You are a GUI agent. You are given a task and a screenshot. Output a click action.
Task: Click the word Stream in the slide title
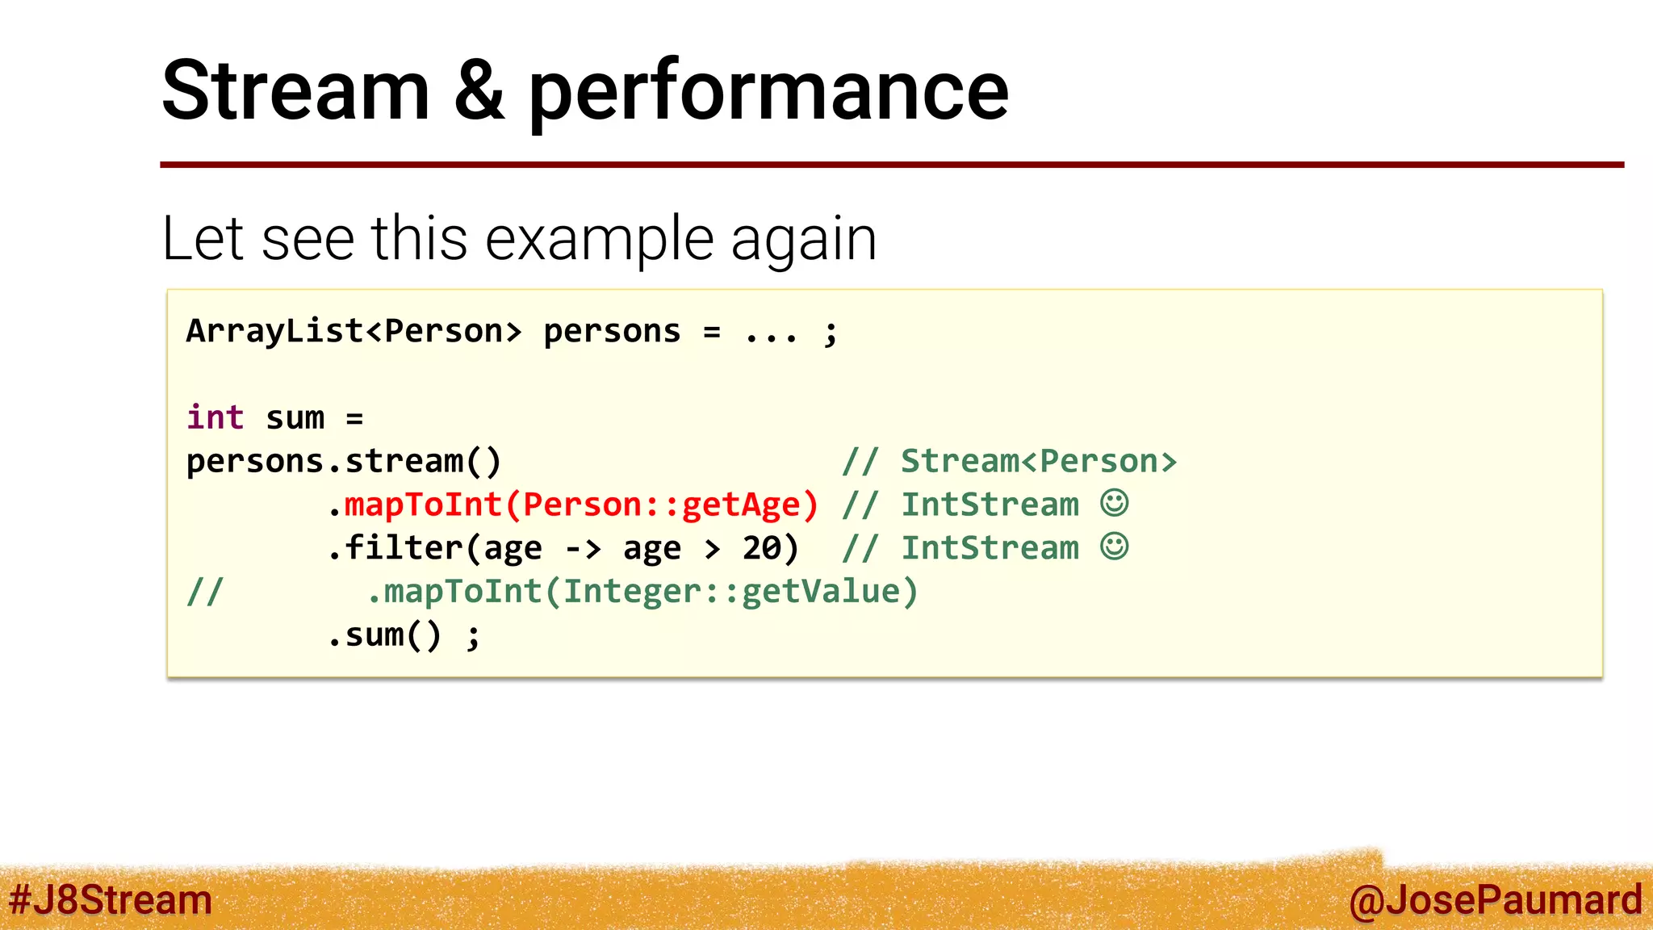coord(295,91)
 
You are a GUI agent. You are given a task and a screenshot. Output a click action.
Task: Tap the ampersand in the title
coord(479,91)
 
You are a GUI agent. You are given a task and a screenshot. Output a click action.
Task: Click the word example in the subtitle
coord(600,240)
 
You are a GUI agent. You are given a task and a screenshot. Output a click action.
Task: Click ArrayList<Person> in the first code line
coord(354,332)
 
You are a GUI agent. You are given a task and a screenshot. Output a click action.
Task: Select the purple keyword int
coord(215,418)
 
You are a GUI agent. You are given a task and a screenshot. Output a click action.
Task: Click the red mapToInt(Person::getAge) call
coord(581,505)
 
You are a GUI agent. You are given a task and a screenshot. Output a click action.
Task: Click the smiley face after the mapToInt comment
coord(1115,503)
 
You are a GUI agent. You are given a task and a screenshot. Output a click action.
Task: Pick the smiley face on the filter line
coord(1115,547)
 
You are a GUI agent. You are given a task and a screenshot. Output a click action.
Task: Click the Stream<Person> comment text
coord(1039,462)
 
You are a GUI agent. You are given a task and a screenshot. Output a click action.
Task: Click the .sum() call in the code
coord(385,635)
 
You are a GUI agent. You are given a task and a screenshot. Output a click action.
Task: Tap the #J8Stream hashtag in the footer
coord(111,900)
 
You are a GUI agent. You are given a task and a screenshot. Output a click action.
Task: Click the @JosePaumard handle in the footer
coord(1495,900)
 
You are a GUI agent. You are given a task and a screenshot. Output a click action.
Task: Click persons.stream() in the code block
coord(344,462)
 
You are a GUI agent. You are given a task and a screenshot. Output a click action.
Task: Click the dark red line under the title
coord(891,165)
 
